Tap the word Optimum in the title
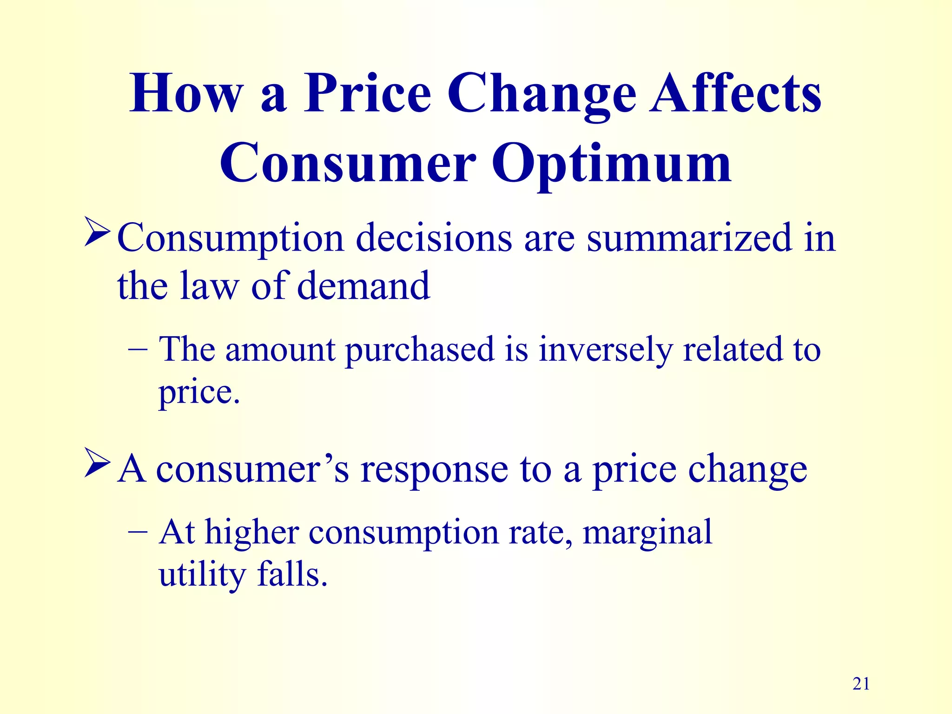click(611, 164)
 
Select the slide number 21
click(861, 684)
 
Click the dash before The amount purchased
click(138, 350)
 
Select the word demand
click(364, 286)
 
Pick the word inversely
click(605, 350)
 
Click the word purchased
click(419, 350)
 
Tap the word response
click(435, 469)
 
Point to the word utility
click(202, 575)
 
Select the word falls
click(292, 575)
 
